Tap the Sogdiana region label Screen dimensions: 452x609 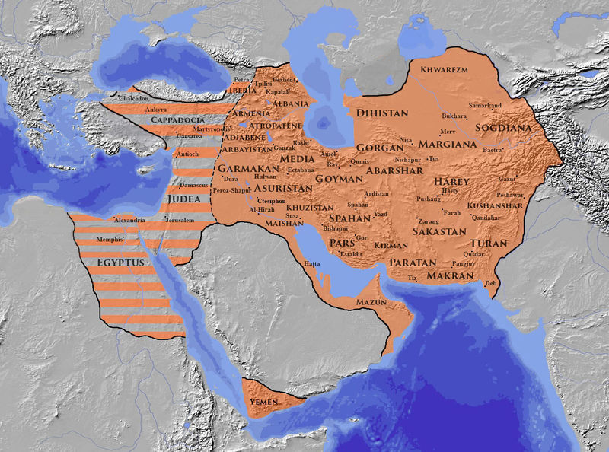[x=503, y=128]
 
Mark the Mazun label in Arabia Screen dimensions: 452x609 [x=372, y=302]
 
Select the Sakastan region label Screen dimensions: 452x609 [x=438, y=230]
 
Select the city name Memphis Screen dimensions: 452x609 [x=108, y=239]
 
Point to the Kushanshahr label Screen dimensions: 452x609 [x=495, y=205]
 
